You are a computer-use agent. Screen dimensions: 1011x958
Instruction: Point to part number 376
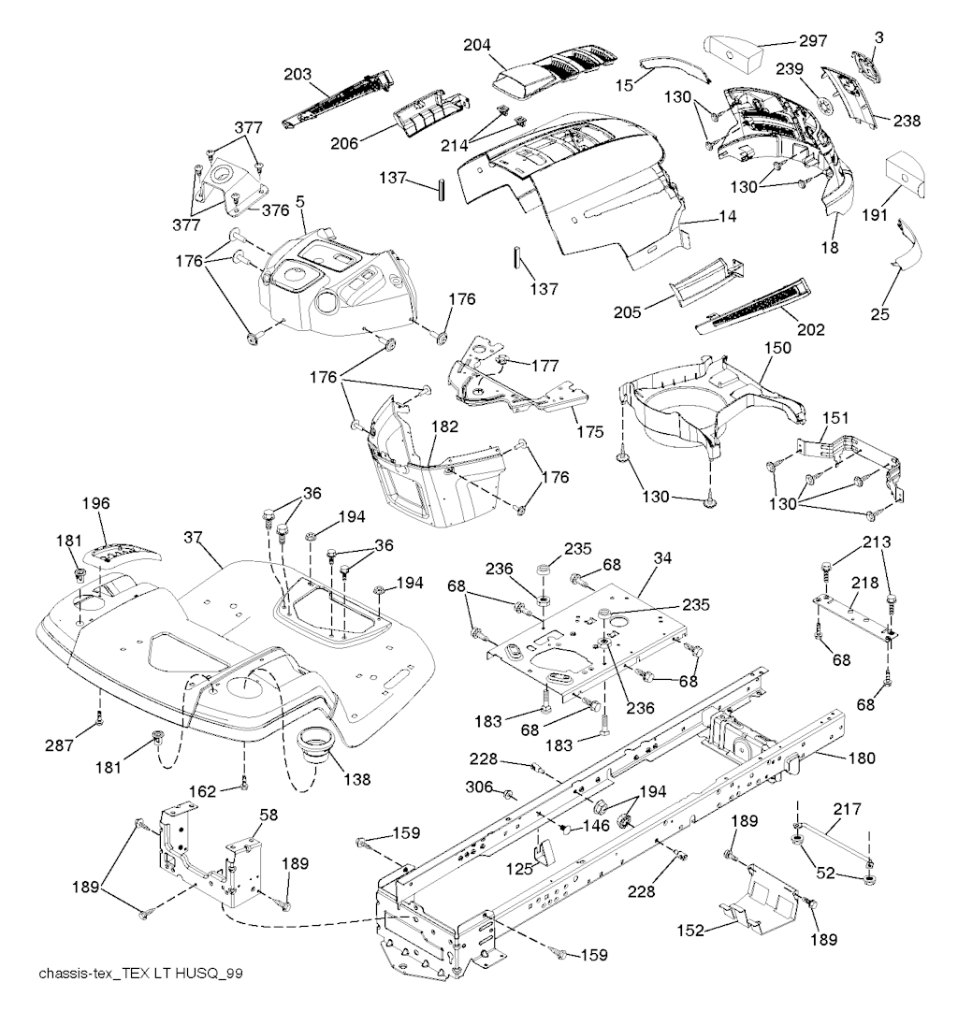coord(275,210)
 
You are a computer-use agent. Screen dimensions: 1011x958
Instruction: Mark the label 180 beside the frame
coord(860,758)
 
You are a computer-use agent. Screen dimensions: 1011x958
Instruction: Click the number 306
coord(481,787)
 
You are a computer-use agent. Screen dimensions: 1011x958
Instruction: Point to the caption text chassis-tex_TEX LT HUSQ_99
coord(141,974)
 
